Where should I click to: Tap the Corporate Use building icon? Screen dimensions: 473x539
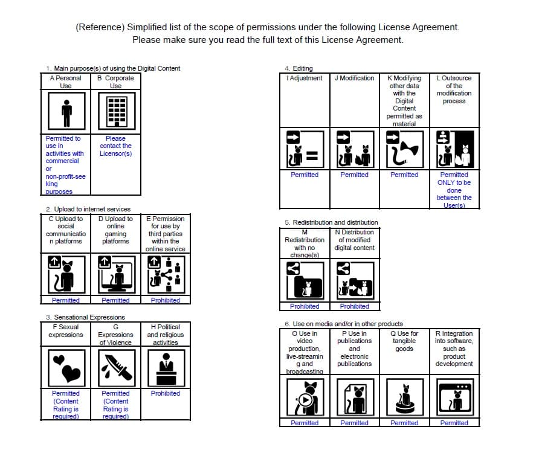[115, 113]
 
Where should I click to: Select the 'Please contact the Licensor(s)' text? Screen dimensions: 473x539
[115, 146]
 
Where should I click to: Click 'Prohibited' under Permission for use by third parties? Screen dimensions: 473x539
[165, 300]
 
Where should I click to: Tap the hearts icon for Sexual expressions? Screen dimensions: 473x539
[65, 367]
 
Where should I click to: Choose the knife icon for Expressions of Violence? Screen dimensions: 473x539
[115, 367]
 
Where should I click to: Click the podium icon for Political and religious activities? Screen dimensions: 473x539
[165, 367]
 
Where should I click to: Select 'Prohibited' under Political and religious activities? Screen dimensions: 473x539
[165, 393]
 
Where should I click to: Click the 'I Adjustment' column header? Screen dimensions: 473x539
[305, 78]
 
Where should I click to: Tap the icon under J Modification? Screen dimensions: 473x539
[354, 149]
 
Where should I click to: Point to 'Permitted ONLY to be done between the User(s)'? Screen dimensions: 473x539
[454, 190]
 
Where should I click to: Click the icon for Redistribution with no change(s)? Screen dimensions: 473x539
[305, 282]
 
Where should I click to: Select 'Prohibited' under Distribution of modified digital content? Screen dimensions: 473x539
[354, 306]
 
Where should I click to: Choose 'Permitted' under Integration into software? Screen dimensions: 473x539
[454, 423]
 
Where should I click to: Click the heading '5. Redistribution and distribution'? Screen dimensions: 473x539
[331, 222]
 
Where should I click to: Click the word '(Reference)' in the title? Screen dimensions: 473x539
[100, 27]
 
